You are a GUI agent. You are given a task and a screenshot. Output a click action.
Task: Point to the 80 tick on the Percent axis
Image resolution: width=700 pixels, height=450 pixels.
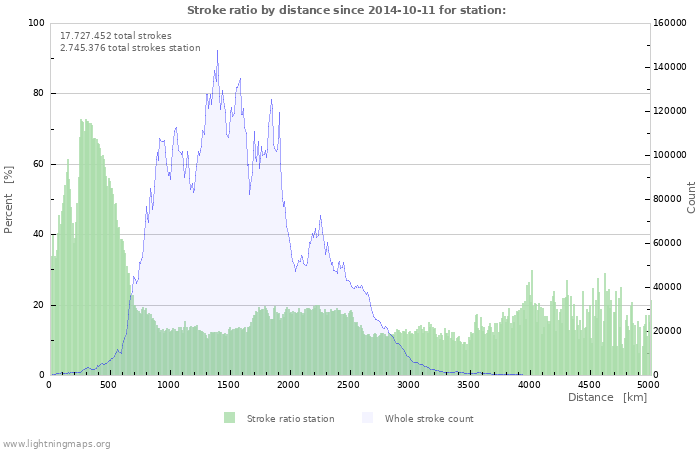pos(38,94)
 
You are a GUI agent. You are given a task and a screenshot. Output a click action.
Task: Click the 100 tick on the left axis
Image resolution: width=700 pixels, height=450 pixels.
pos(36,23)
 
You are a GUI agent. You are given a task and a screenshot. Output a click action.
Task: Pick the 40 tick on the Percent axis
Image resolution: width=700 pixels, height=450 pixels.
pos(38,235)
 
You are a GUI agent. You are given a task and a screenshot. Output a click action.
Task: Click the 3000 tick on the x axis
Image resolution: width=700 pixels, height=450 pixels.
pos(409,385)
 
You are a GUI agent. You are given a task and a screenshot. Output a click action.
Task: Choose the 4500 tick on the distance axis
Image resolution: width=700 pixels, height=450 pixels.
pos(589,385)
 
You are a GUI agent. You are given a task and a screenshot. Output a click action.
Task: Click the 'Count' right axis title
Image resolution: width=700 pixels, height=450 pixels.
pos(691,197)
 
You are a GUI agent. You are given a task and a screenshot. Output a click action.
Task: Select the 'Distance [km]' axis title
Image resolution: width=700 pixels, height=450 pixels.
pos(607,398)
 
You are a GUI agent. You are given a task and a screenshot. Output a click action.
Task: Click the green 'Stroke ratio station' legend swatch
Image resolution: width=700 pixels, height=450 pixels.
pos(229,418)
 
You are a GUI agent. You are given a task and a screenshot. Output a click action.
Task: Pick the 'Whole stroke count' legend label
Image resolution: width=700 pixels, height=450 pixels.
pos(429,419)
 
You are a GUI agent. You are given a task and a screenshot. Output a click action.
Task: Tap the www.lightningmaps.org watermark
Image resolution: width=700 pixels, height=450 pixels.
pos(56,443)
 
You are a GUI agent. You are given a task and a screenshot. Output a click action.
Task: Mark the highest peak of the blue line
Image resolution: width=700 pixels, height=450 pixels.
pos(217,51)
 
